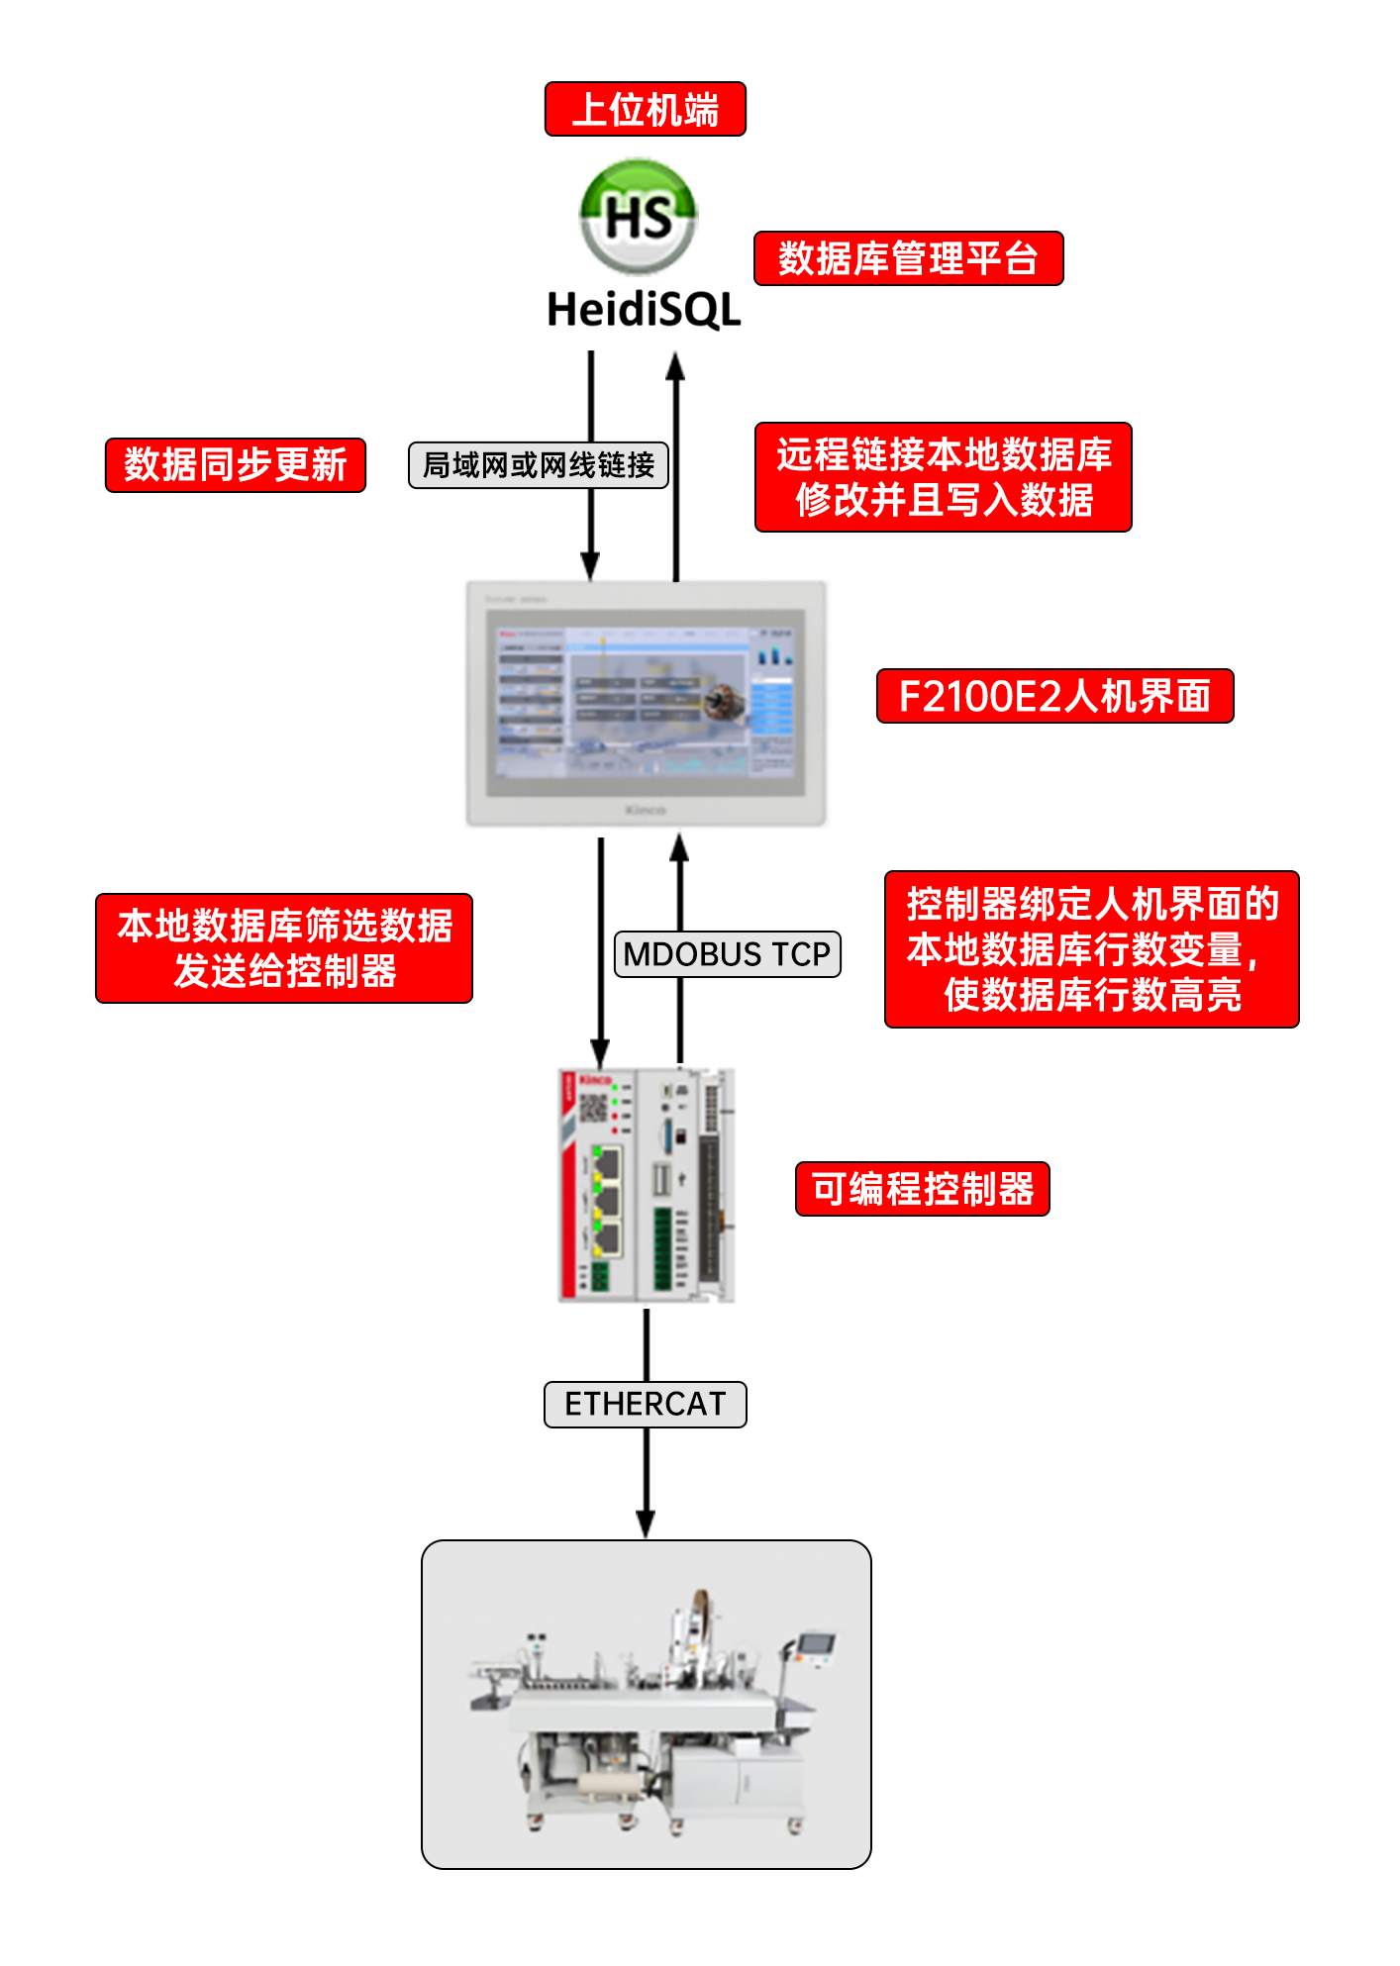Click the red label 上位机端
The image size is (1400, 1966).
pyautogui.click(x=645, y=109)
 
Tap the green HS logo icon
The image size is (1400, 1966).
pyautogui.click(x=639, y=216)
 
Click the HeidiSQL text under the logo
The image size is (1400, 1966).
pyautogui.click(x=644, y=309)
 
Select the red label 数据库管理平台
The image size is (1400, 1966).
pyautogui.click(x=908, y=258)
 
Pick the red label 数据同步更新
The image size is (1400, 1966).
pyautogui.click(x=236, y=465)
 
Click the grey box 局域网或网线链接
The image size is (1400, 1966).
pyautogui.click(x=539, y=465)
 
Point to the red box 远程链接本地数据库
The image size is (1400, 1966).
pyautogui.click(x=943, y=477)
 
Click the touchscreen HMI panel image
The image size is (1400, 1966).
pyautogui.click(x=646, y=704)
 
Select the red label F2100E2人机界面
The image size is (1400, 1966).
pyautogui.click(x=1054, y=696)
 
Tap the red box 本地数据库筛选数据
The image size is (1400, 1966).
pyautogui.click(x=284, y=948)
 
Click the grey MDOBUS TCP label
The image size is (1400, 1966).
pyautogui.click(x=727, y=954)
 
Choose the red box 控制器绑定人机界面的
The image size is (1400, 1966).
pyautogui.click(x=1091, y=949)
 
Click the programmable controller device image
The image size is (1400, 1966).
pyautogui.click(x=646, y=1185)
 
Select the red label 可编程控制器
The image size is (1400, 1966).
pyautogui.click(x=922, y=1189)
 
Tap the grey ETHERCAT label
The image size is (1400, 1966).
pyautogui.click(x=646, y=1404)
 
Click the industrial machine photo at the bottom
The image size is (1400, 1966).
pyautogui.click(x=646, y=1704)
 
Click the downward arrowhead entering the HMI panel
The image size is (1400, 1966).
pyautogui.click(x=590, y=566)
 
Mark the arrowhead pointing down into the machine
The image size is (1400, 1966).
pyautogui.click(x=646, y=1524)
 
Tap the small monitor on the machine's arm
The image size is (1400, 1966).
pyautogui.click(x=817, y=1644)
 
